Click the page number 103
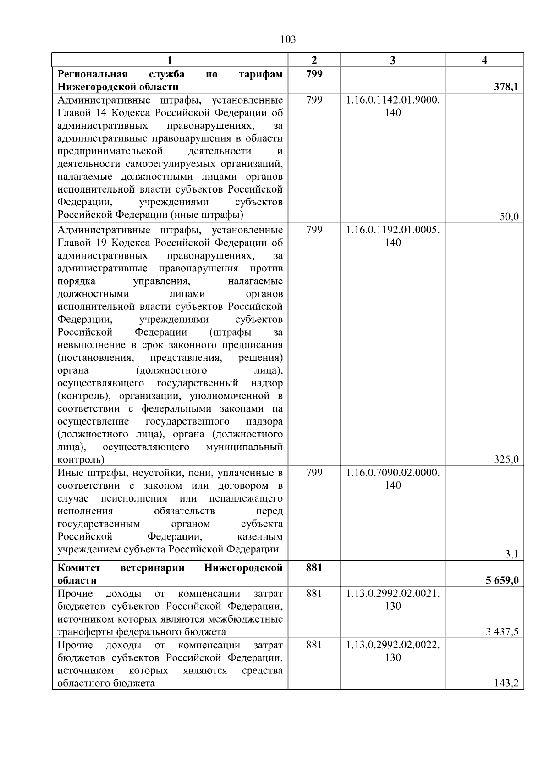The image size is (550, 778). (288, 39)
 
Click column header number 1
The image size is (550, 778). (170, 60)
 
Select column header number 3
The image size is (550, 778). (392, 60)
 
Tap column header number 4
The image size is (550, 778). (484, 60)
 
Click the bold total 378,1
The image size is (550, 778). (506, 87)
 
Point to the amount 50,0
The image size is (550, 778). (509, 217)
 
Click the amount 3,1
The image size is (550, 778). (511, 554)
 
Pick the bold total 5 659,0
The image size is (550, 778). (502, 580)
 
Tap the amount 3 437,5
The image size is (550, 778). (502, 632)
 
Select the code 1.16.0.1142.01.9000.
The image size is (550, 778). (393, 100)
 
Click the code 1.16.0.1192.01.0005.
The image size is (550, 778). (393, 230)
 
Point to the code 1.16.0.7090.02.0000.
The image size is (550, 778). (393, 472)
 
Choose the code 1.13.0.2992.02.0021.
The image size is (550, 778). (393, 593)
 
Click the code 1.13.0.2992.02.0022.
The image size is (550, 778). (393, 645)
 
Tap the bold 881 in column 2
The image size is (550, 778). (314, 568)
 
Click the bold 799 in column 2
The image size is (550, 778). (314, 74)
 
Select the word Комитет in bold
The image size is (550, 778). (79, 568)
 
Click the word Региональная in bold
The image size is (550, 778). (92, 74)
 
